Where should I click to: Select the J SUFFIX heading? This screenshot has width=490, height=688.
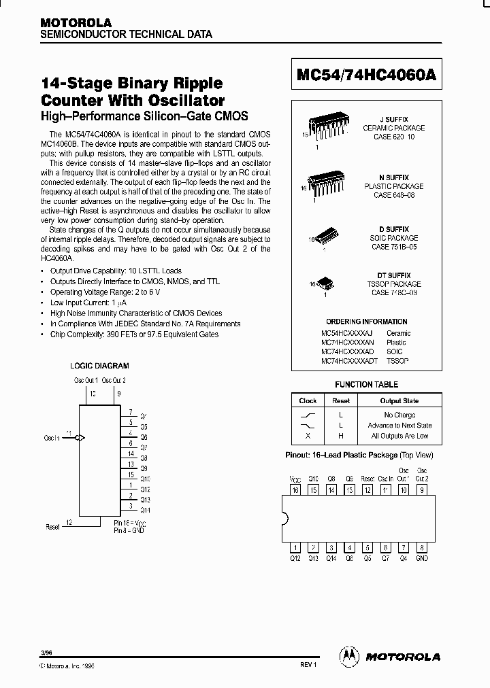(x=393, y=119)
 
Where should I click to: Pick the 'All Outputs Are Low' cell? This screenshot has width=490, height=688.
(x=399, y=436)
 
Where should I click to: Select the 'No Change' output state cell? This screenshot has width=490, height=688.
(x=399, y=415)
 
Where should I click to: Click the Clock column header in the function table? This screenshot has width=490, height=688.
(x=308, y=401)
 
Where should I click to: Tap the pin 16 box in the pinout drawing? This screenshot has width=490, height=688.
(x=295, y=489)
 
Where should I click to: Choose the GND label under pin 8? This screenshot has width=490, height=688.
(x=422, y=558)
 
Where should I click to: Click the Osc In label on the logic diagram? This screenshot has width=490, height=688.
(x=52, y=438)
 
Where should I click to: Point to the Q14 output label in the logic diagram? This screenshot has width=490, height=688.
(x=145, y=510)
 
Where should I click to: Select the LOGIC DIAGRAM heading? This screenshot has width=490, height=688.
(x=99, y=366)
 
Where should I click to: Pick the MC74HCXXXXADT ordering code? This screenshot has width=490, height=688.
(x=349, y=362)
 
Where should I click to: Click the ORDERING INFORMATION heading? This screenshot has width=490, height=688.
(x=366, y=322)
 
